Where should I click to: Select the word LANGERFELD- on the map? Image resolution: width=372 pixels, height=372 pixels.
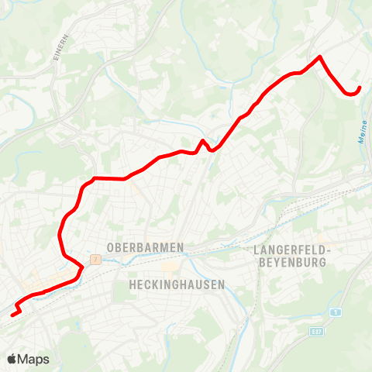click(x=292, y=250)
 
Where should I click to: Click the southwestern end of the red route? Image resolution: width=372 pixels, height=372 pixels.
click(x=12, y=315)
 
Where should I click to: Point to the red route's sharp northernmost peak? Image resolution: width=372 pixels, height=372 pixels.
click(x=319, y=57)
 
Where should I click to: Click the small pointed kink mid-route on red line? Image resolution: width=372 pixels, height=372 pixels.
click(x=203, y=141)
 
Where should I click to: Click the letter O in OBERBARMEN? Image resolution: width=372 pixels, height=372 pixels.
click(x=110, y=247)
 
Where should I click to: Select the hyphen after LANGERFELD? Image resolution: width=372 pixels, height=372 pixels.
click(x=329, y=250)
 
